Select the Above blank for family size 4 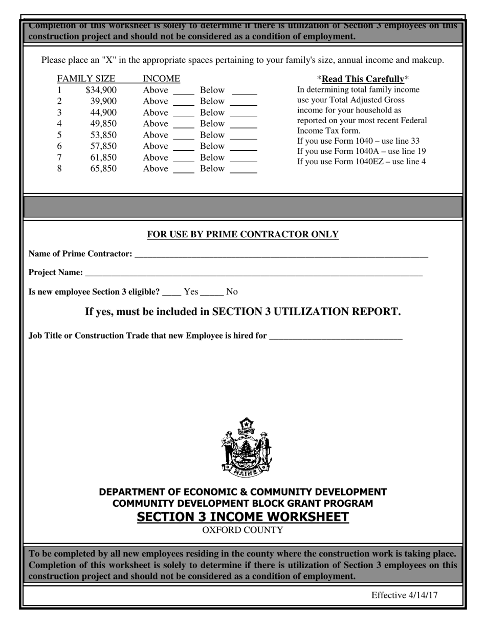[184, 124]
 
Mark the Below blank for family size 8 [244, 169]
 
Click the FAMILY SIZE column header [86, 79]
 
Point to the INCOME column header [161, 79]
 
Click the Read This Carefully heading [363, 79]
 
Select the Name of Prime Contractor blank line [281, 254]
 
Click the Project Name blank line [254, 273]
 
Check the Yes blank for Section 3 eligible [172, 293]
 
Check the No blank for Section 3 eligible [212, 293]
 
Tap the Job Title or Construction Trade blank [336, 336]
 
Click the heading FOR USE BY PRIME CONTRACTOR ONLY [243, 235]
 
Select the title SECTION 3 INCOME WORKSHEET [243, 517]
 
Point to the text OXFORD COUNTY [242, 530]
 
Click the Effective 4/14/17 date [404, 595]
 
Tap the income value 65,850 [103, 169]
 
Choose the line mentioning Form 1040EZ [362, 162]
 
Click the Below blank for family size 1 [244, 91]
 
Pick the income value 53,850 [103, 135]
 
